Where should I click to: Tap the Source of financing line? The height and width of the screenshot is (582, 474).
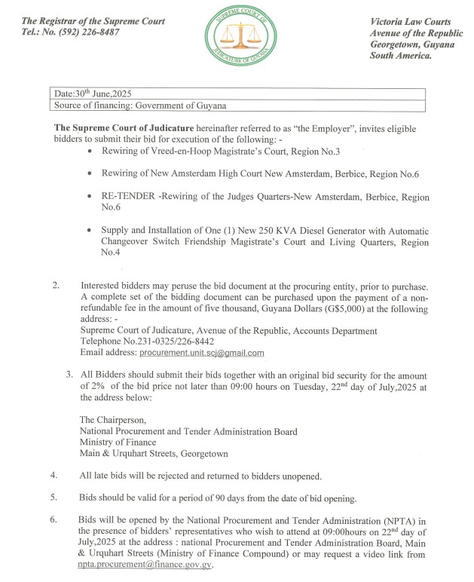point(140,106)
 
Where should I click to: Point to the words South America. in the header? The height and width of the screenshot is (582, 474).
point(400,57)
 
